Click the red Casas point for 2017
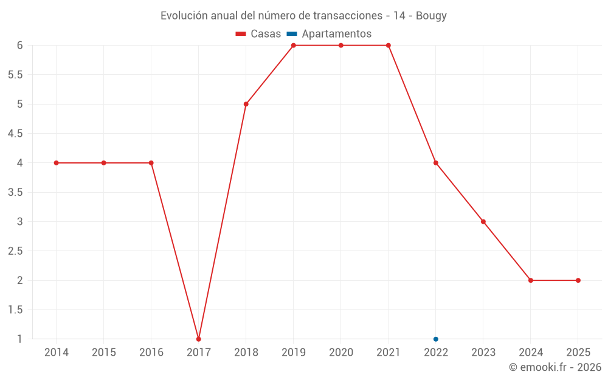point(199,339)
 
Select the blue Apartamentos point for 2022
point(436,339)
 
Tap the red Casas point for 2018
point(246,104)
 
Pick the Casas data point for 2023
point(483,221)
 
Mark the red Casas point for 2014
point(57,163)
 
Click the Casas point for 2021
point(389,45)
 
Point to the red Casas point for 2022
point(436,163)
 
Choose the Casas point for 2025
point(578,280)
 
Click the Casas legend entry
point(258,34)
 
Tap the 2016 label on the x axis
point(151,353)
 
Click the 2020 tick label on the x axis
point(341,353)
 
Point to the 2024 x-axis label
point(531,353)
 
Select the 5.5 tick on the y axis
point(15,75)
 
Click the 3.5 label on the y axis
point(15,192)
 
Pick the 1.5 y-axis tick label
point(15,309)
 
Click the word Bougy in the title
point(431,16)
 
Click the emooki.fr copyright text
point(555,367)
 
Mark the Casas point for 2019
point(294,45)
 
